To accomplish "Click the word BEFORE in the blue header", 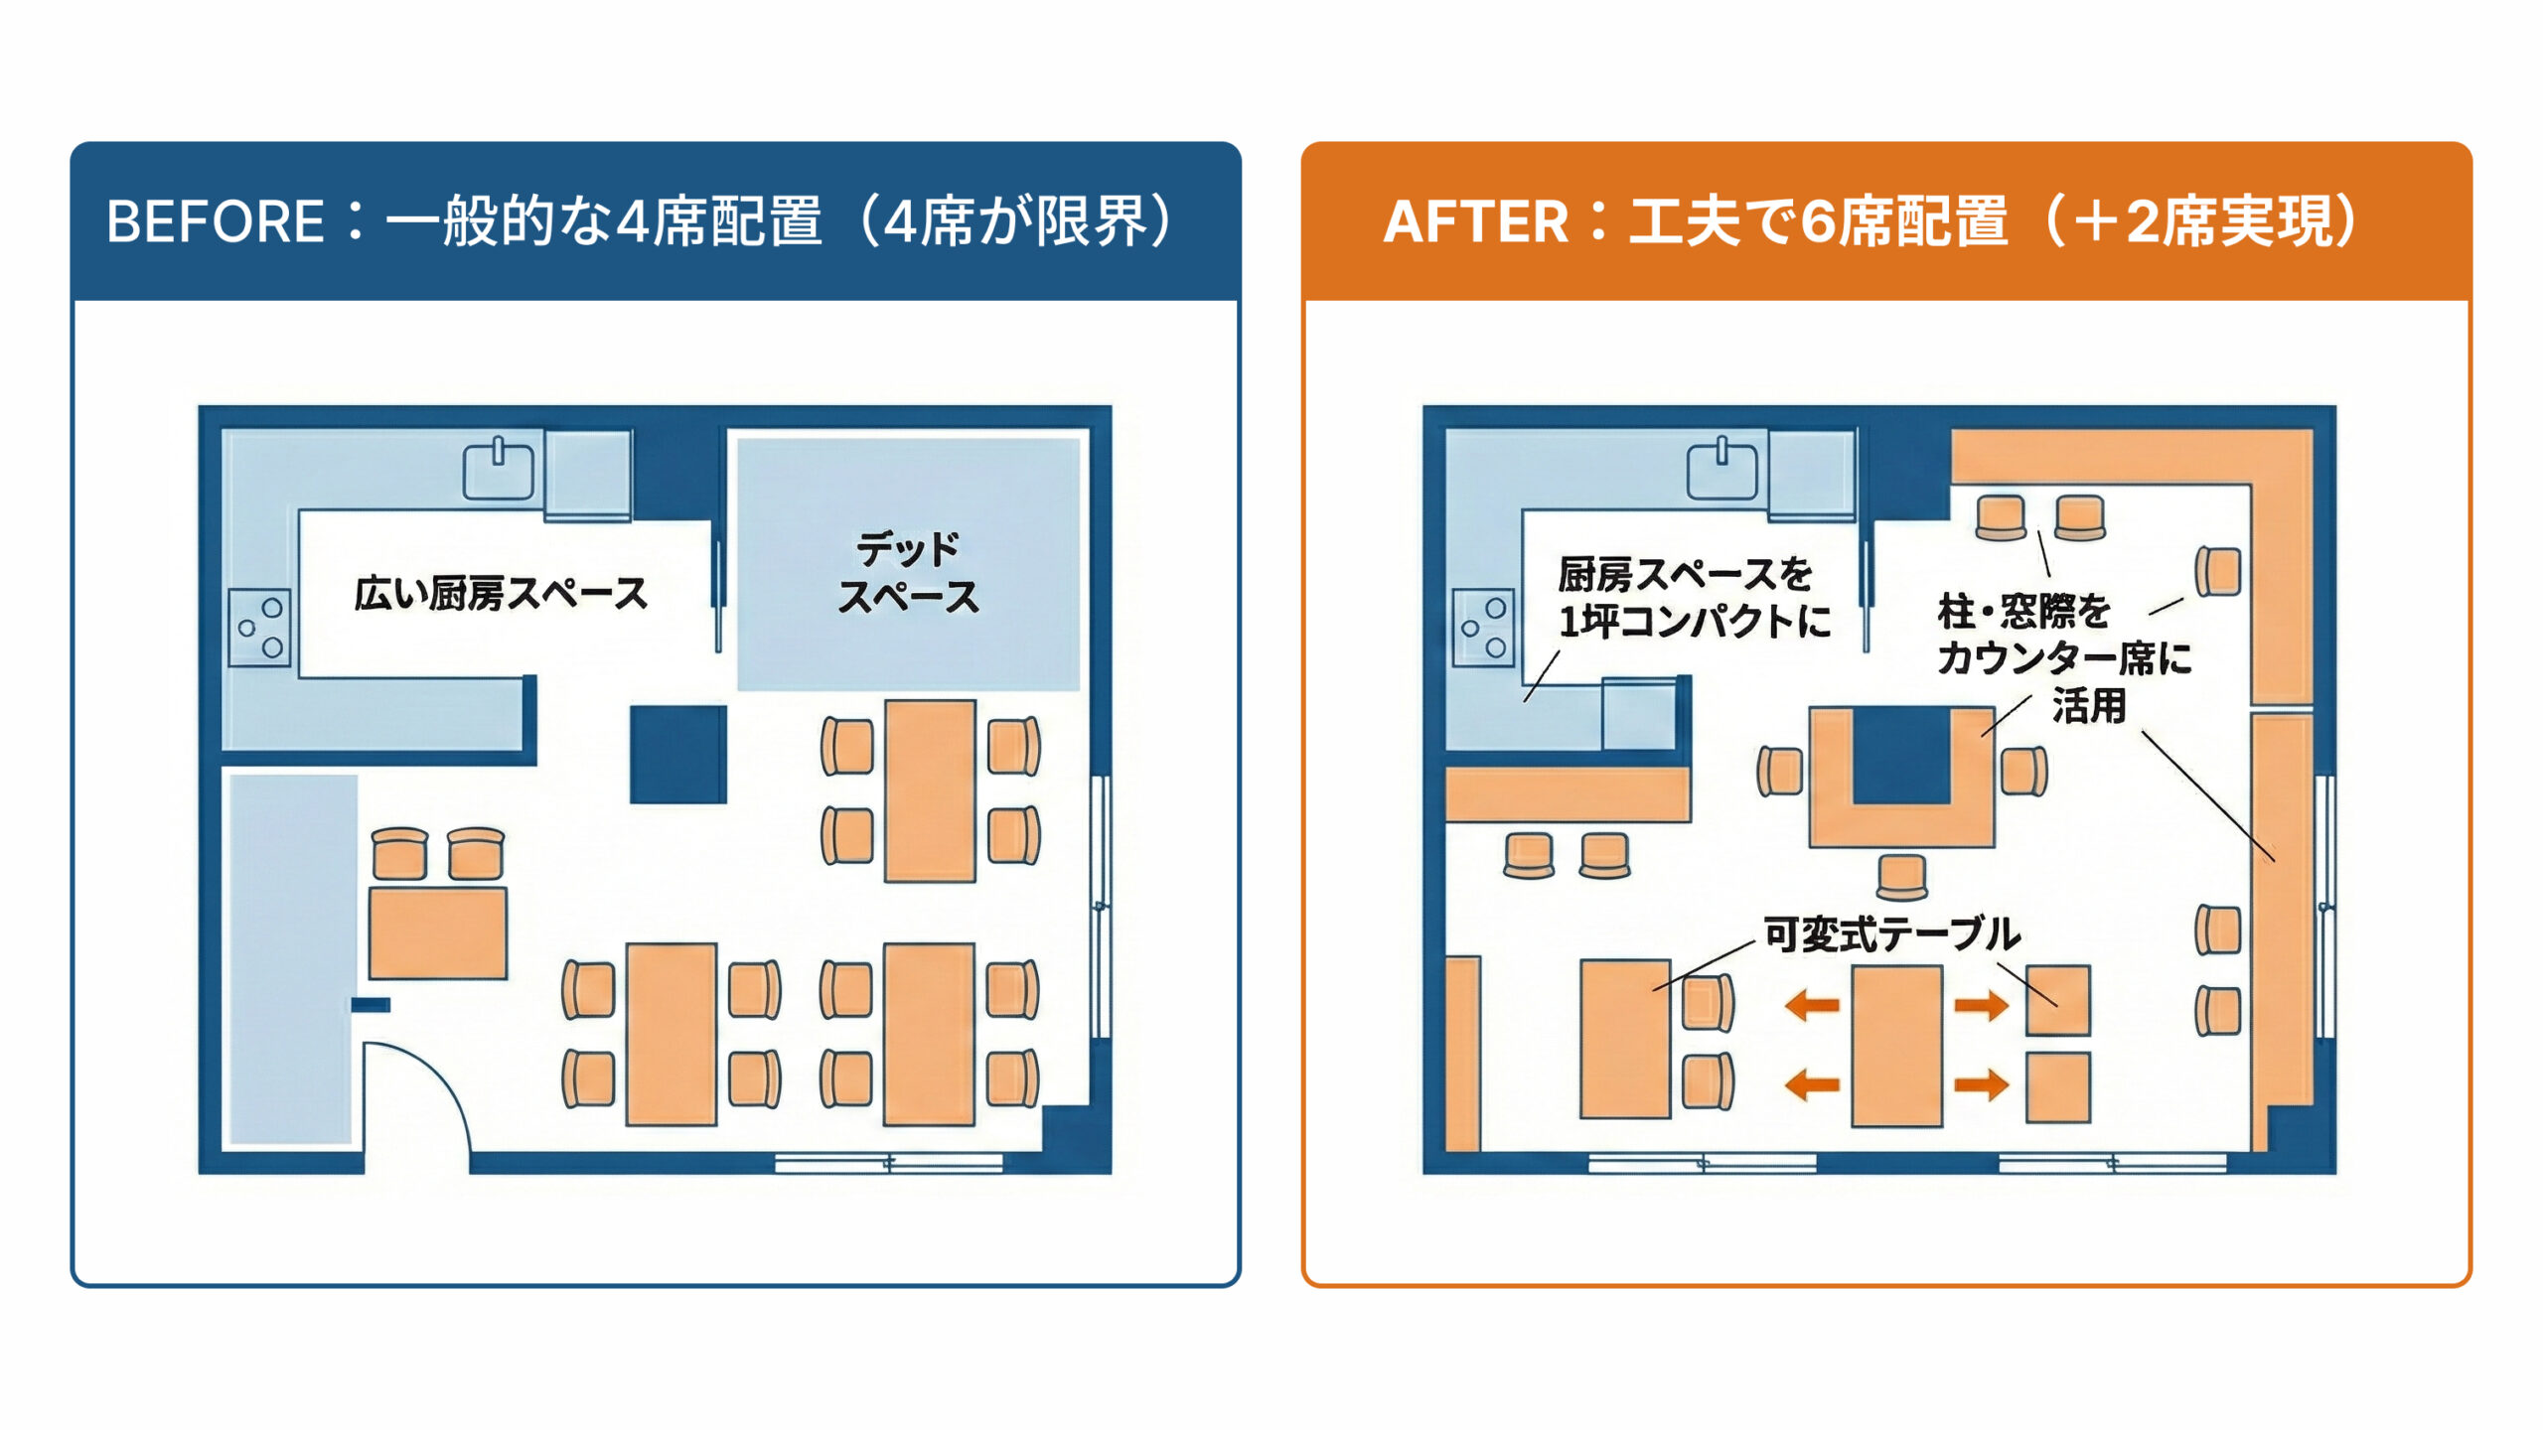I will pyautogui.click(x=215, y=220).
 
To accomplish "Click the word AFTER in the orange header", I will pyautogui.click(x=1475, y=220).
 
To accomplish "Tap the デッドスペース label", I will pyautogui.click(x=908, y=573).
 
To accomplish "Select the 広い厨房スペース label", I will pyautogui.click(x=501, y=594).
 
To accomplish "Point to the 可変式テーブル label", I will pyautogui.click(x=1890, y=934).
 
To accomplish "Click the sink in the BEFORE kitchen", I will pyautogui.click(x=499, y=470).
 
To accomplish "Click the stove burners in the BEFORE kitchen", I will pyautogui.click(x=260, y=628).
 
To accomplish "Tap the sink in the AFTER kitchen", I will pyautogui.click(x=1721, y=470).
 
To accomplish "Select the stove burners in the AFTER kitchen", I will pyautogui.click(x=1483, y=628).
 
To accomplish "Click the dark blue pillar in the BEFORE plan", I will pyautogui.click(x=678, y=754).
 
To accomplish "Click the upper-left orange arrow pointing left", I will pyautogui.click(x=1812, y=1006).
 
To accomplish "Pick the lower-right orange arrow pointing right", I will pyautogui.click(x=1982, y=1083).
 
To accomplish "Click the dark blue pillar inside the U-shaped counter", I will pyautogui.click(x=1901, y=754).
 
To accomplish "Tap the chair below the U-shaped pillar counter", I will pyautogui.click(x=1901, y=876).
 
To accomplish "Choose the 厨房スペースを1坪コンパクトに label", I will pyautogui.click(x=1693, y=598).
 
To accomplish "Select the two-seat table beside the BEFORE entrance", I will pyautogui.click(x=438, y=933).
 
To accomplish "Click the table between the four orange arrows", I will pyautogui.click(x=1896, y=1045).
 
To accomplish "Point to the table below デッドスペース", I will pyautogui.click(x=930, y=790).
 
